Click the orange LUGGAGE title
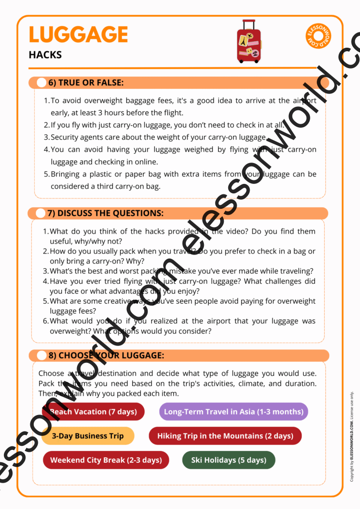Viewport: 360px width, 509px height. pos(78,34)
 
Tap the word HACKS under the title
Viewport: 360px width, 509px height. pos(45,55)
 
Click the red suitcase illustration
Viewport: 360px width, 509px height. pos(249,42)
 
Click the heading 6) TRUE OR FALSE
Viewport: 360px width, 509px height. pos(86,83)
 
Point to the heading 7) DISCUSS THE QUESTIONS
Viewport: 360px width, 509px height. pos(105,213)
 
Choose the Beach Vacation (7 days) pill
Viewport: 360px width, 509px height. pos(93,412)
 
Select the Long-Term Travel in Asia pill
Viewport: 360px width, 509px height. pos(233,412)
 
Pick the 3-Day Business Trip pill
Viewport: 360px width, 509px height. pos(88,436)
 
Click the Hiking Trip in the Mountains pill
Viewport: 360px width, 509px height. pos(225,436)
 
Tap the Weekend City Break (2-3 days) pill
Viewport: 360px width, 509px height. pos(106,460)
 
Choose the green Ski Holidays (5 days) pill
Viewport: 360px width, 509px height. pos(229,460)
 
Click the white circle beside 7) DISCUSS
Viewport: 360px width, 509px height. pos(40,213)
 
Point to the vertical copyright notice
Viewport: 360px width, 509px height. pos(352,436)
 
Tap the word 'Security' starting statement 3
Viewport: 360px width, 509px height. pos(66,137)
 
